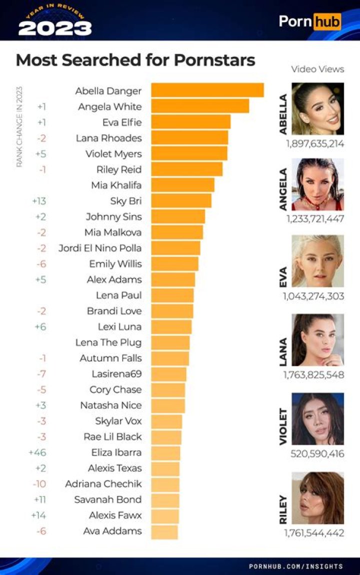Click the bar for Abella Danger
(207, 90)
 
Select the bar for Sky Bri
(181, 200)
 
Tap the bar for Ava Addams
(164, 531)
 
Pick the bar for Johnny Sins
(178, 216)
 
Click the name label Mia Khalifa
(116, 185)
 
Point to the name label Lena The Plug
(108, 342)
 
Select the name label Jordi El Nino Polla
(99, 248)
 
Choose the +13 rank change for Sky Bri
(38, 201)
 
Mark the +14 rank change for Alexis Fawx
(38, 515)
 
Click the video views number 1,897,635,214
(314, 143)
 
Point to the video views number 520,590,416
(317, 454)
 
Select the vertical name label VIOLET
(283, 426)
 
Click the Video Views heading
(317, 69)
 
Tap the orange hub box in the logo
(327, 21)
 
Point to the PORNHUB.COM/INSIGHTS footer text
(296, 566)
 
